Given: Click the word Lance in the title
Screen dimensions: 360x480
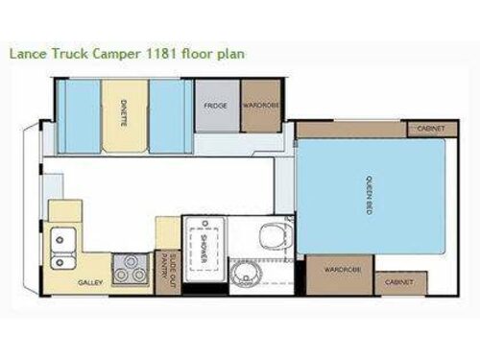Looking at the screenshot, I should coord(26,54).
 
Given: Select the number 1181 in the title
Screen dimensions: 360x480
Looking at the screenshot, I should coord(153,54).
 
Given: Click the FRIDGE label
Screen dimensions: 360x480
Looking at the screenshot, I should coord(217,106).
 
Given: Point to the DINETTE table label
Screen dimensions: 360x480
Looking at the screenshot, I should coord(126,116).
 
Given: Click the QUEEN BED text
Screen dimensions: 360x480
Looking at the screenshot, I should coord(369,196).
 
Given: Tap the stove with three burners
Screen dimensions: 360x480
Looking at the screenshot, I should coord(132,268).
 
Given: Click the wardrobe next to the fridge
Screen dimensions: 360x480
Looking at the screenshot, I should coord(261,106).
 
